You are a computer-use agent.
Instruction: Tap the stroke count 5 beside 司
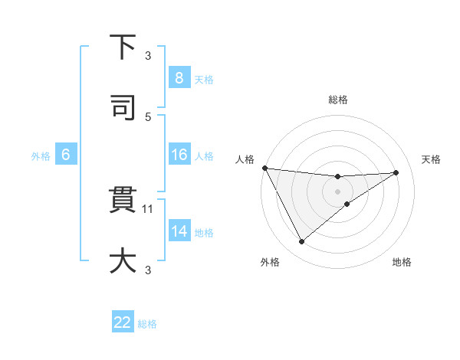pyautogui.click(x=148, y=116)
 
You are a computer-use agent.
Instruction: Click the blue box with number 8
pyautogui.click(x=179, y=77)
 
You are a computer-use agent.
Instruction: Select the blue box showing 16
pyautogui.click(x=179, y=155)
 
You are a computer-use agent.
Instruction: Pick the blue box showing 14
pyautogui.click(x=179, y=231)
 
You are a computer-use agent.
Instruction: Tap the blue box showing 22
pyautogui.click(x=123, y=322)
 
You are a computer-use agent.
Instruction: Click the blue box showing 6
pyautogui.click(x=66, y=155)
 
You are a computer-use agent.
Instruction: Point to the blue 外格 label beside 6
pyautogui.click(x=41, y=156)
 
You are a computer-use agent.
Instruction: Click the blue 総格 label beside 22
pyautogui.click(x=147, y=324)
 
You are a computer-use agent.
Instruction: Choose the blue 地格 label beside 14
pyautogui.click(x=204, y=233)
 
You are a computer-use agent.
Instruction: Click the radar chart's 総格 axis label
pyautogui.click(x=338, y=100)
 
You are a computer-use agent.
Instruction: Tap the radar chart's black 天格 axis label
pyautogui.click(x=432, y=159)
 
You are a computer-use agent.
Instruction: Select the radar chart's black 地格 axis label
pyautogui.click(x=402, y=262)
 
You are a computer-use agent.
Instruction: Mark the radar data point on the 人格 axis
pyautogui.click(x=264, y=168)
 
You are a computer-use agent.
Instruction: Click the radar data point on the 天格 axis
pyautogui.click(x=396, y=172)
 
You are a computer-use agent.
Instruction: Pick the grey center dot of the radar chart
pyautogui.click(x=338, y=191)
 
